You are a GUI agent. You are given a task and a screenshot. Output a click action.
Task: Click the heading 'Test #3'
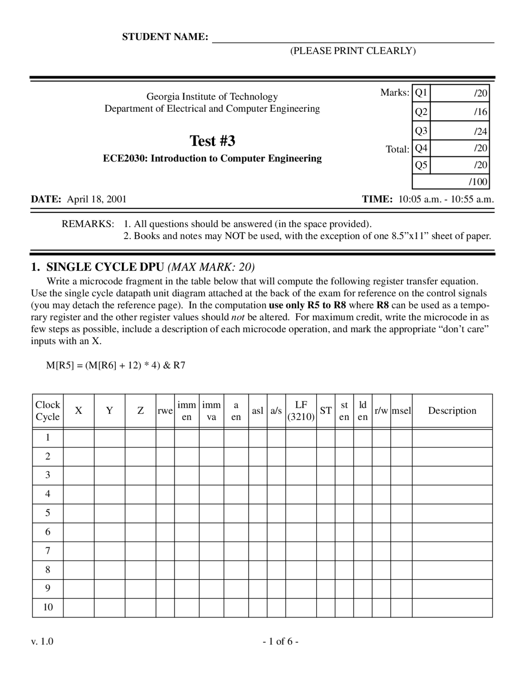pyautogui.click(x=212, y=141)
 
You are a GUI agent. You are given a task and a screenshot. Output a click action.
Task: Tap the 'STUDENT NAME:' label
pyautogui.click(x=165, y=37)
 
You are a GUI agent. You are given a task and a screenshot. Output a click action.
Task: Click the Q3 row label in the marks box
pyautogui.click(x=421, y=131)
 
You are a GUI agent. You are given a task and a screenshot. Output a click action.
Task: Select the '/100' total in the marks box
pyautogui.click(x=478, y=181)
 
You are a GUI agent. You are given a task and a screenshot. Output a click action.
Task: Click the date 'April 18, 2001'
pyautogui.click(x=97, y=199)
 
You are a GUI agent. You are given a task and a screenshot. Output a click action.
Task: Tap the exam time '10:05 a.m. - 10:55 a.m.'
pyautogui.click(x=446, y=199)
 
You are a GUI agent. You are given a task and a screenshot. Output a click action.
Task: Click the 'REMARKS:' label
pyautogui.click(x=87, y=224)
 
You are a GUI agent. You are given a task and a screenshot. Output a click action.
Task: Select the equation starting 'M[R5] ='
pyautogui.click(x=115, y=365)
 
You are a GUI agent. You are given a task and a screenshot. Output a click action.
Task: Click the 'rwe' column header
pyautogui.click(x=165, y=411)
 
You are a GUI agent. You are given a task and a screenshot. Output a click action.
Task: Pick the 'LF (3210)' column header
pyautogui.click(x=301, y=411)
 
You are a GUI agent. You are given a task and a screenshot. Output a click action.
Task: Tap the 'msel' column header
pyautogui.click(x=401, y=411)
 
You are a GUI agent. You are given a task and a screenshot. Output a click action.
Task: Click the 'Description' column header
pyautogui.click(x=452, y=411)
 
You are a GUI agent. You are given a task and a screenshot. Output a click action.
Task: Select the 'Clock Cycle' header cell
pyautogui.click(x=48, y=411)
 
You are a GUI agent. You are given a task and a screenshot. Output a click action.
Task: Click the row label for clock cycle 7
pyautogui.click(x=48, y=551)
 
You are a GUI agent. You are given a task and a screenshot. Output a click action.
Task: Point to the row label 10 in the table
pyautogui.click(x=48, y=607)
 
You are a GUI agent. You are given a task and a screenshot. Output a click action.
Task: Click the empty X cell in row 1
pyautogui.click(x=78, y=438)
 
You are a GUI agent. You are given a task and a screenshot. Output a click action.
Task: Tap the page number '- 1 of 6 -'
pyautogui.click(x=281, y=641)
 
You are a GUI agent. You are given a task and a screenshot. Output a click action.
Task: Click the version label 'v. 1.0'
pyautogui.click(x=42, y=641)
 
